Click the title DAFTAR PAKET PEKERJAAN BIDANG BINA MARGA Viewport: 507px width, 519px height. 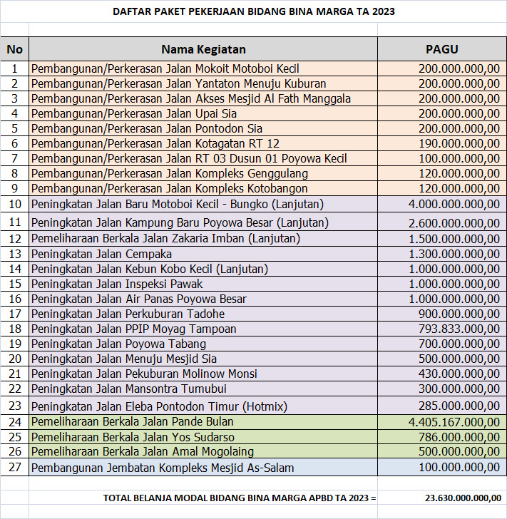click(x=253, y=12)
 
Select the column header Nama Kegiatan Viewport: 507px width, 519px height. click(x=203, y=49)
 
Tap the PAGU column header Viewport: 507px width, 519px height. click(x=441, y=49)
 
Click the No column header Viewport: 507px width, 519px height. click(x=14, y=49)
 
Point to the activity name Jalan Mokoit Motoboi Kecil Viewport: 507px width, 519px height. click(x=165, y=69)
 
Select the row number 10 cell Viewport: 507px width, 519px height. click(x=14, y=205)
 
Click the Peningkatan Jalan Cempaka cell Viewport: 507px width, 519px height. click(x=102, y=254)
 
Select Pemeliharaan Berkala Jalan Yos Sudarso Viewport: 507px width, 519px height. click(x=133, y=437)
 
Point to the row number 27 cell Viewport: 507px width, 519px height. click(x=14, y=468)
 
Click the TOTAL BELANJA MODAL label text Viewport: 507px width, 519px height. click(x=239, y=498)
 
